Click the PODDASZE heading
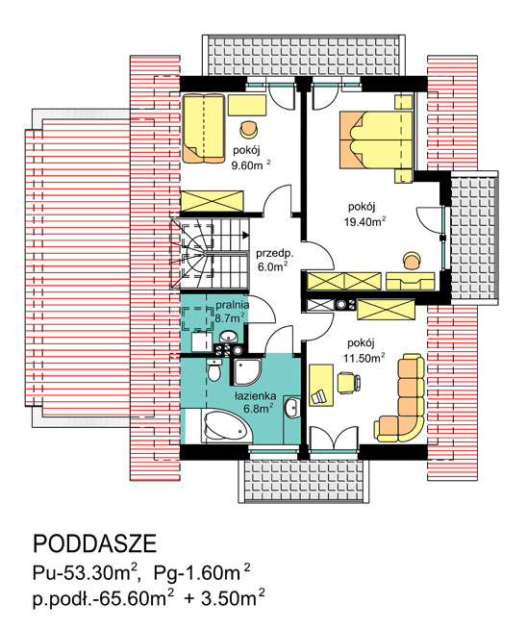tap(94, 544)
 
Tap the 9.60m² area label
tap(251, 165)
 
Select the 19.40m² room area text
tap(365, 221)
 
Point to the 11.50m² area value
tap(364, 358)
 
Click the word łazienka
tap(256, 396)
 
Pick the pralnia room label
tap(232, 305)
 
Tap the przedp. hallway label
tap(275, 254)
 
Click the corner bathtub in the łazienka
tap(227, 427)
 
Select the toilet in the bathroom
tap(213, 370)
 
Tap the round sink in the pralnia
tap(229, 336)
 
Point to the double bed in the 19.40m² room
tap(376, 139)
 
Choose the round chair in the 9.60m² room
tap(249, 128)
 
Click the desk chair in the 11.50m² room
tap(348, 382)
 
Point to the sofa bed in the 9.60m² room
tap(204, 129)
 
